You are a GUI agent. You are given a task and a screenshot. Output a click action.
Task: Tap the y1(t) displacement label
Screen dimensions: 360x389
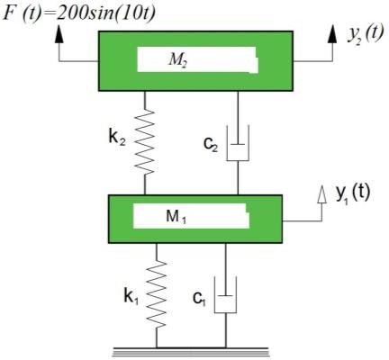point(353,192)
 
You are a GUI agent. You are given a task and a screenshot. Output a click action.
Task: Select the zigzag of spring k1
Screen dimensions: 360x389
point(158,292)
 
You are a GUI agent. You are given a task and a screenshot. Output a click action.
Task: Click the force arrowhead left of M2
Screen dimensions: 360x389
point(59,34)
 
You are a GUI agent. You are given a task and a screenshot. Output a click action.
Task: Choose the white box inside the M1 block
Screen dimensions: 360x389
point(190,217)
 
